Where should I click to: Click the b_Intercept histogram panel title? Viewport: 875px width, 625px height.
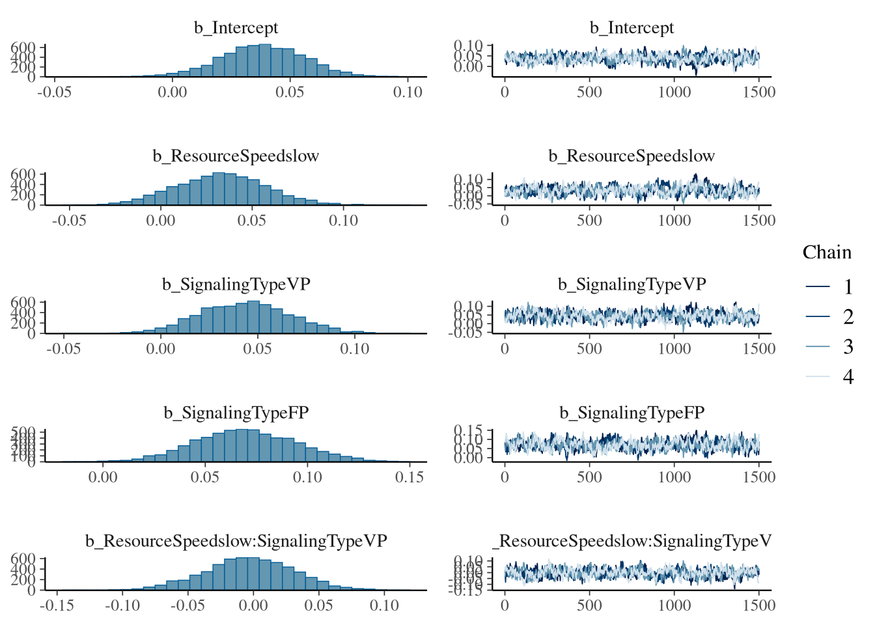[x=236, y=28]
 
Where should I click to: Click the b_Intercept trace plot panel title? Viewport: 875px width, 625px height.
[x=632, y=28]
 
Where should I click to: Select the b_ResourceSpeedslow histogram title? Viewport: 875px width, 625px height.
[x=236, y=156]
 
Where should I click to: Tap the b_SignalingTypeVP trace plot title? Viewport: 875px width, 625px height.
[x=632, y=285]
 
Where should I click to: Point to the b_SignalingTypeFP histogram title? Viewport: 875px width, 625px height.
[x=236, y=413]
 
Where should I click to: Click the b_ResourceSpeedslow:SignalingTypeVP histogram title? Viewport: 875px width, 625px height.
[x=236, y=541]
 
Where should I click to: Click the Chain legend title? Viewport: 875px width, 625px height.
[x=827, y=253]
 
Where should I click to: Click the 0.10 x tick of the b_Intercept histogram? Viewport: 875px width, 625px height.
[x=408, y=92]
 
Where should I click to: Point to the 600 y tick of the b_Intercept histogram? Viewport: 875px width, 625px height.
[x=23, y=48]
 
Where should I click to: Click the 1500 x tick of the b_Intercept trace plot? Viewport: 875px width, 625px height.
[x=758, y=92]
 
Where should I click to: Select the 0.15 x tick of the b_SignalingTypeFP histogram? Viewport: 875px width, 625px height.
[x=410, y=477]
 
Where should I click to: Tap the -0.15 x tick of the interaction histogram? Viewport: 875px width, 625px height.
[x=57, y=605]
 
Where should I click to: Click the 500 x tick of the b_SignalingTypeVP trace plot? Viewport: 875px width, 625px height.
[x=589, y=349]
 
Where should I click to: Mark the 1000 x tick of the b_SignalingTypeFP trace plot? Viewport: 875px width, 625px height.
[x=674, y=477]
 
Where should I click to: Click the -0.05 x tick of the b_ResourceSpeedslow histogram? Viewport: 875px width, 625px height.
[x=68, y=221]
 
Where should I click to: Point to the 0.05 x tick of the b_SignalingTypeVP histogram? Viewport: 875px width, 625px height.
[x=257, y=349]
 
